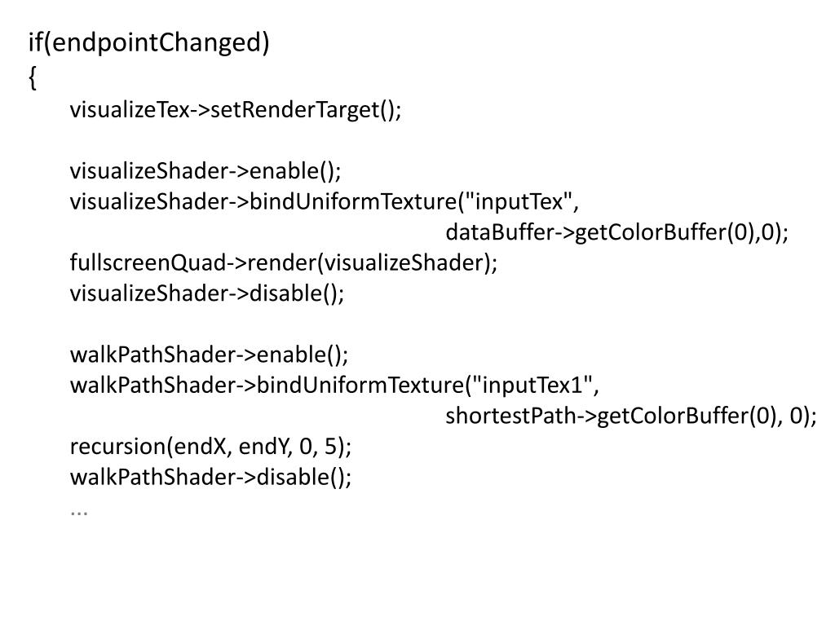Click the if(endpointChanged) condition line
148,43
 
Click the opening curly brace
32,77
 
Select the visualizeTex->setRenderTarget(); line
236,110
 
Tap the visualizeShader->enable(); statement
205,171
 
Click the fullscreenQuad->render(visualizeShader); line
283,263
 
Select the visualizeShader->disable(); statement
207,293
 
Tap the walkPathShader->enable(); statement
209,355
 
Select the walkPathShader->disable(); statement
210,478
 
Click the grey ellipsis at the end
79,510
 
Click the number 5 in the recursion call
329,447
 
